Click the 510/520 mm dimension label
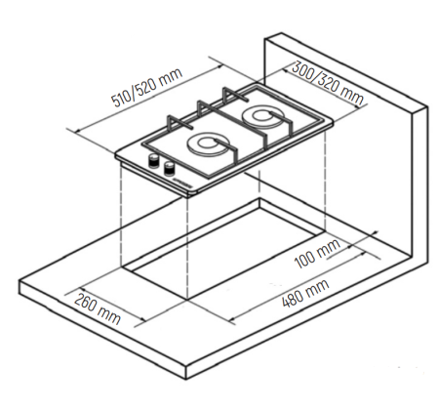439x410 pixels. pos(147,87)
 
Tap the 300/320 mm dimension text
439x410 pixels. pos(328,84)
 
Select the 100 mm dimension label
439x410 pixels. pos(317,254)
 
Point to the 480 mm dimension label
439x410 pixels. pos(305,294)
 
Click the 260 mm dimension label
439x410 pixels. pos(98,308)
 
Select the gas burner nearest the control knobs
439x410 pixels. pos(209,145)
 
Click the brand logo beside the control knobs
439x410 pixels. pos(183,184)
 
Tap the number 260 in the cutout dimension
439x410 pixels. pos(85,303)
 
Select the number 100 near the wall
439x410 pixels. pos(304,260)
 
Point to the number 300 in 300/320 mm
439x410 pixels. pos(301,69)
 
